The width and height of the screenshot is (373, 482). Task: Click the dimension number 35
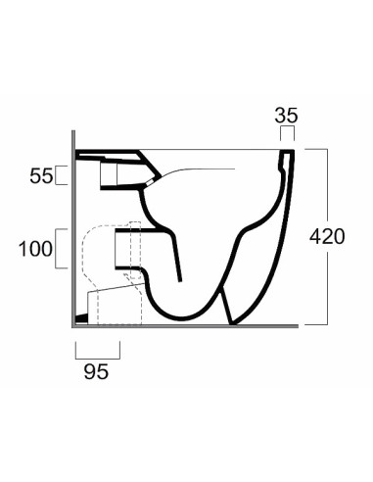click(x=286, y=116)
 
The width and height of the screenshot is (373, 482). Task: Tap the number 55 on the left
click(x=40, y=176)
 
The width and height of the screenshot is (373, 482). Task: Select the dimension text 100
click(x=34, y=249)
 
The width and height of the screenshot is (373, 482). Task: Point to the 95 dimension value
click(x=96, y=371)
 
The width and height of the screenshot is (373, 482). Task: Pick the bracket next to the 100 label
click(x=63, y=249)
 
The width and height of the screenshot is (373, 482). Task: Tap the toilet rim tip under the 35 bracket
click(x=286, y=155)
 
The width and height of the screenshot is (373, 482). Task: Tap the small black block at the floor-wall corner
click(x=82, y=318)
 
